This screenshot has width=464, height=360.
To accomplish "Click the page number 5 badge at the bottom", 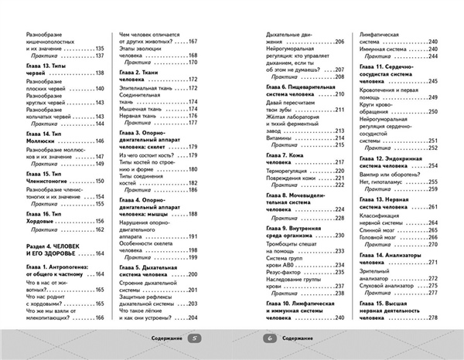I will click(x=195, y=338).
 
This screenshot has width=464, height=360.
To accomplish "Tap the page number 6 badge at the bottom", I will click(x=269, y=338).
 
